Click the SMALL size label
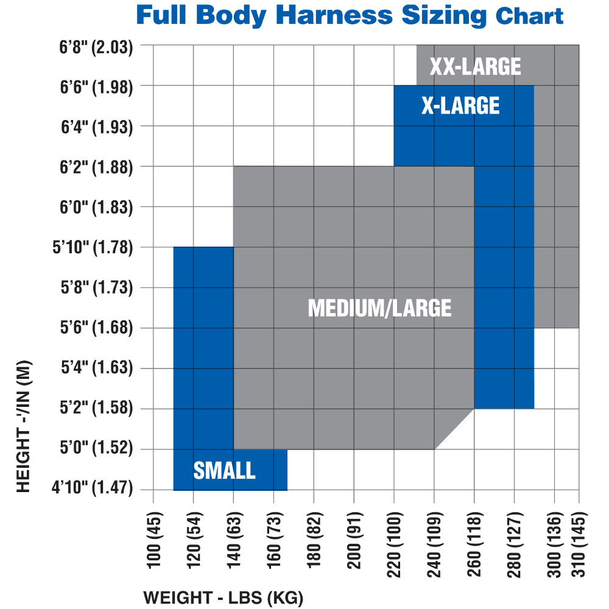[x=224, y=470]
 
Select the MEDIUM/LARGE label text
[x=379, y=308]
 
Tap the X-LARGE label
[x=460, y=106]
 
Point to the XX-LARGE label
[x=475, y=66]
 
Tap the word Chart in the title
[x=529, y=16]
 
